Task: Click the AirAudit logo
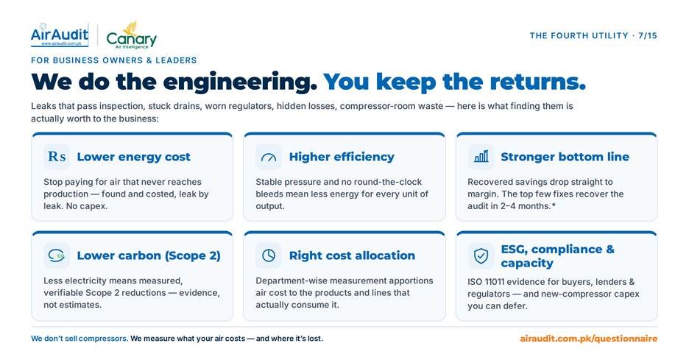60,35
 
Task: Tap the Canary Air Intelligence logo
131,35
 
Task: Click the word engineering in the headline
240,82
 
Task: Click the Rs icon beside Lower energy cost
57,157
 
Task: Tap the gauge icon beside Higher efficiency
269,157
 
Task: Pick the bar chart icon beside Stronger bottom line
481,157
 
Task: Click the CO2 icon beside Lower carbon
57,255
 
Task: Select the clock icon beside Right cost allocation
269,255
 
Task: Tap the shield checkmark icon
481,255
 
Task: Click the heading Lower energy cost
133,157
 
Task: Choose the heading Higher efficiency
342,157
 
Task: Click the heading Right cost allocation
352,255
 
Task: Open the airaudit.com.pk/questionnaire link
589,339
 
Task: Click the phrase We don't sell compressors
79,339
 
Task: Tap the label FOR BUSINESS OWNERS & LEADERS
114,60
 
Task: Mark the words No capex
87,206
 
